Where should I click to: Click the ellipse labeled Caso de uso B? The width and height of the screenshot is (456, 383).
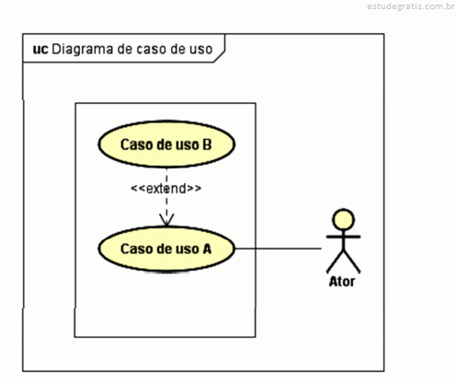click(166, 145)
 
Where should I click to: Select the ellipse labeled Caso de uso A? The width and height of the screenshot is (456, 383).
click(166, 249)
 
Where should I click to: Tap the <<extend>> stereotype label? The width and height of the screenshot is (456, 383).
click(166, 189)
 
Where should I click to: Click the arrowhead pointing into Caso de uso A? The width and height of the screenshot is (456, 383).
click(166, 220)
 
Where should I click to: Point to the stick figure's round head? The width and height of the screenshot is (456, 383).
click(344, 219)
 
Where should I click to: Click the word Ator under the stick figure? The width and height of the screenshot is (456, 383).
click(342, 282)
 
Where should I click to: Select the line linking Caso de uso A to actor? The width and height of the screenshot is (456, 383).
click(279, 249)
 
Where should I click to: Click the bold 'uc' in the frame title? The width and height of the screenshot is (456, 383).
click(40, 49)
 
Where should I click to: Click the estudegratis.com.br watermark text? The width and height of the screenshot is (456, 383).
click(411, 6)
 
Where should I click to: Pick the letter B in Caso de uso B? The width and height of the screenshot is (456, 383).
click(207, 145)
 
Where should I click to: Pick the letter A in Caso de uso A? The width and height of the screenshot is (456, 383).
click(207, 249)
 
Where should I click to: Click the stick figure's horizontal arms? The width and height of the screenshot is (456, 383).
click(343, 237)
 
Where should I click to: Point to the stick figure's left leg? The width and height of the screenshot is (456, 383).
click(335, 261)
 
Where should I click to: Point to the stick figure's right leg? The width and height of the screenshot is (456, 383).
click(352, 261)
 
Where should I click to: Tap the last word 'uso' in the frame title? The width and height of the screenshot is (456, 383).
click(200, 50)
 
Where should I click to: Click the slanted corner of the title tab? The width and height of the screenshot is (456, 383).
click(220, 56)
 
